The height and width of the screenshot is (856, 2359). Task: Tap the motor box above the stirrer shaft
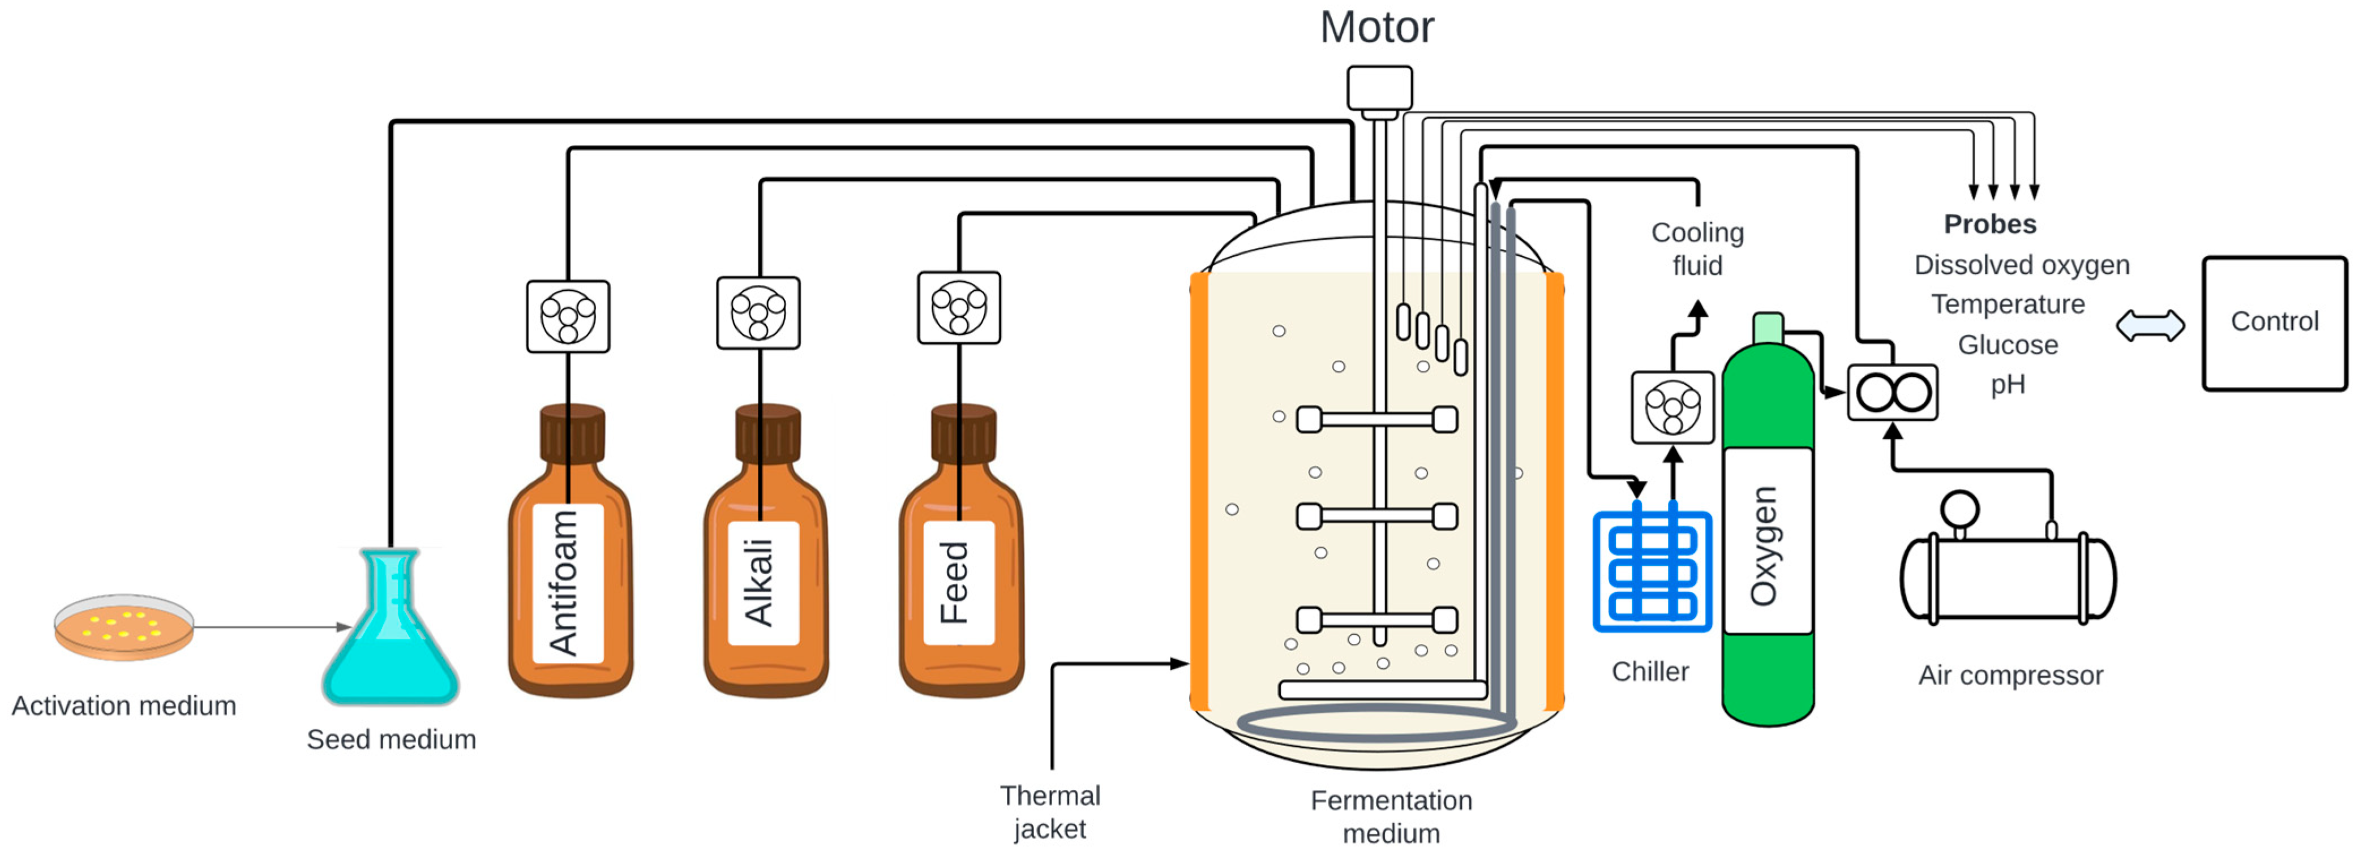coord(1379,88)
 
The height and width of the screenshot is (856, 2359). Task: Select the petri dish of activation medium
coord(123,627)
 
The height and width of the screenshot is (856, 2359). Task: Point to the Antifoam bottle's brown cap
coord(572,433)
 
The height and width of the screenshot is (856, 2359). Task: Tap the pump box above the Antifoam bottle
coord(568,316)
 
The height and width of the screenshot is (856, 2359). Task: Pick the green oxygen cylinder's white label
coord(1768,540)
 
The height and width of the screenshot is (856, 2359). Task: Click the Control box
coord(2274,323)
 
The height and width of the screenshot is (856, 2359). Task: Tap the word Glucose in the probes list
coord(2008,345)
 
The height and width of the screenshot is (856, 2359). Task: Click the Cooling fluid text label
coord(1697,248)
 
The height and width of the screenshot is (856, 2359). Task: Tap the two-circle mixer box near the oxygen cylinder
coord(1892,393)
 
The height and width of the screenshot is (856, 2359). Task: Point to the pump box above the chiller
coord(1672,407)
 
